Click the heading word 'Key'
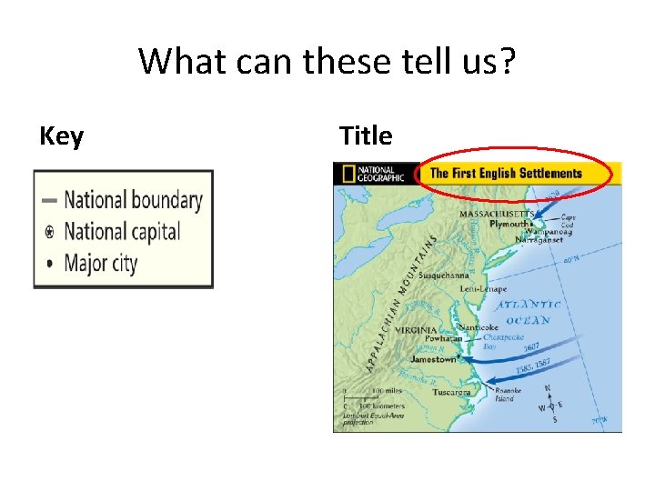coord(61,136)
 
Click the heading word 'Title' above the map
coord(366,136)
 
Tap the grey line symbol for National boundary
coord(49,200)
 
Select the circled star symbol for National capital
coord(49,232)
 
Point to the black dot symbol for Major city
coord(49,264)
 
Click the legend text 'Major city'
coord(100,264)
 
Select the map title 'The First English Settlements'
coord(505,173)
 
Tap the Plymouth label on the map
coord(507,223)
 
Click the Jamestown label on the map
coord(432,359)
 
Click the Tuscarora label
coord(452,393)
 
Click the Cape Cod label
coord(569,221)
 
